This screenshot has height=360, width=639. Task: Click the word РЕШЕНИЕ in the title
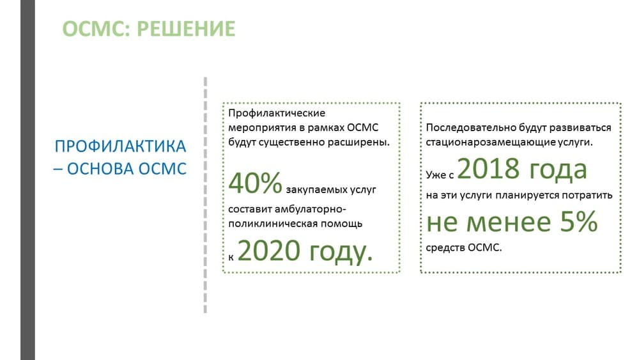point(186,29)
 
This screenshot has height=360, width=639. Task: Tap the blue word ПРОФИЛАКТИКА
point(120,146)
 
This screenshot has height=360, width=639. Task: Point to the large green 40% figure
point(255,183)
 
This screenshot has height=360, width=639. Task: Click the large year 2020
point(269,250)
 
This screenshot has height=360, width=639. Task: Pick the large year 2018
point(488,168)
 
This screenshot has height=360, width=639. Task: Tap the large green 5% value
point(579,222)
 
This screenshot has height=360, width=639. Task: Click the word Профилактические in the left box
point(277,113)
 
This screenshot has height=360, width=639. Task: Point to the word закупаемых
point(312,190)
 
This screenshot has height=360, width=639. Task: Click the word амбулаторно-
point(310,209)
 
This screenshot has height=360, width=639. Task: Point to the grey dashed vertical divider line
point(205,195)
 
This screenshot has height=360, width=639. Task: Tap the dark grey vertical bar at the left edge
point(27,180)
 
